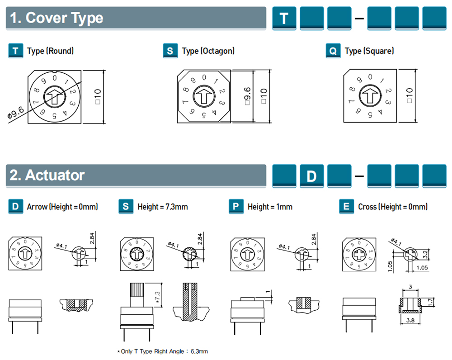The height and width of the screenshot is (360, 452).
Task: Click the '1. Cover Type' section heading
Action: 57,18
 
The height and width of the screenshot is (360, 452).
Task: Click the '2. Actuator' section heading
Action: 47,175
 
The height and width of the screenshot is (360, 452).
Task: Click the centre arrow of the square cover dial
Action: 370,96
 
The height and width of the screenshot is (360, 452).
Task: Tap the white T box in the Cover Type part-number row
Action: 284,18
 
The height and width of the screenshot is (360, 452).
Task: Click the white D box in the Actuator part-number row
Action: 311,175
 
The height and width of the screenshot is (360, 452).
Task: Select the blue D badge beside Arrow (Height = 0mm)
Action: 16,207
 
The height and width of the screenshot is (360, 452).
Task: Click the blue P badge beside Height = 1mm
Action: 236,207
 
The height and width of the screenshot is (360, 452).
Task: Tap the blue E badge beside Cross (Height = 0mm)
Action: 346,207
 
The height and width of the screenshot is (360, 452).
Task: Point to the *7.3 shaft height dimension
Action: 158,298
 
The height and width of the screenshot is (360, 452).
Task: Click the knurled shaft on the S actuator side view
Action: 137,294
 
